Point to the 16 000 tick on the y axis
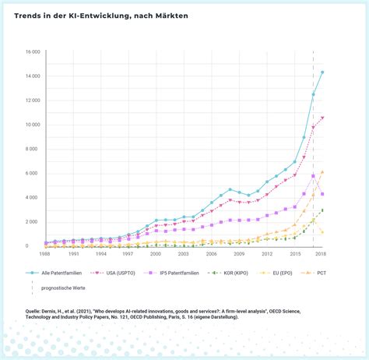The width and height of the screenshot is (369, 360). click(32, 52)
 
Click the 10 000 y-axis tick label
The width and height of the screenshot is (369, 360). click(32, 125)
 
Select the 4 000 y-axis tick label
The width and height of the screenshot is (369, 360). click(33, 197)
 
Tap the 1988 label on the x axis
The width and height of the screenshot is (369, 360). click(46, 254)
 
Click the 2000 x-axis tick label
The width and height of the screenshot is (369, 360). click(156, 254)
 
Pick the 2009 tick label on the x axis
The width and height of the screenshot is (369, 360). click(239, 254)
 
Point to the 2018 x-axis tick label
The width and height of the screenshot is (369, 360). click(322, 254)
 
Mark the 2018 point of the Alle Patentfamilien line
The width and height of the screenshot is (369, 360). click(322, 72)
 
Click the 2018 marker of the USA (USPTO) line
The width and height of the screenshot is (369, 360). click(322, 118)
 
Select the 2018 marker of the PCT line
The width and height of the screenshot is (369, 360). click(322, 172)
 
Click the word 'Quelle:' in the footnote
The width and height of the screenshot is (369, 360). click(24, 309)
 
